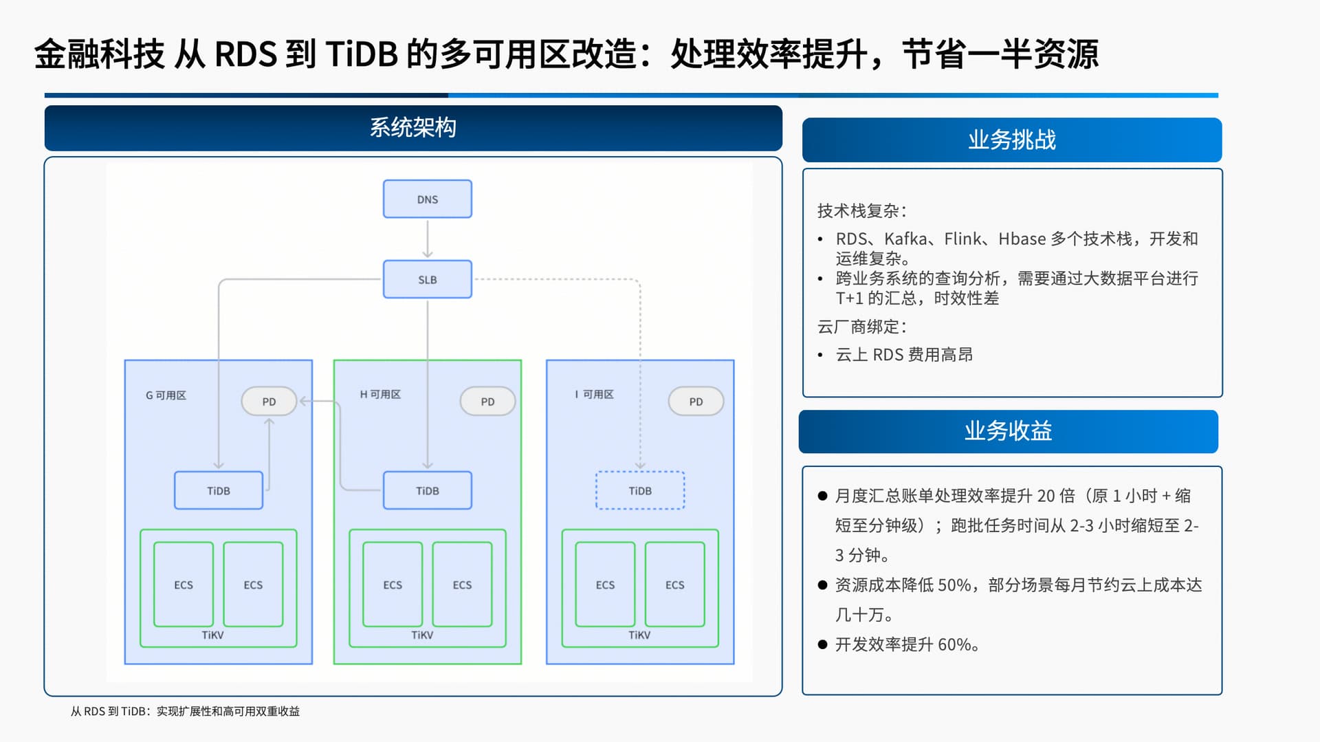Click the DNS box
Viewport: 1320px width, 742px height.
tap(427, 199)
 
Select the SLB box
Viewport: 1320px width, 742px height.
tap(427, 279)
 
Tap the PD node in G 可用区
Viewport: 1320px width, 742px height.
tap(269, 402)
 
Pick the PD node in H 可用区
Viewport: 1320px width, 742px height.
tap(487, 402)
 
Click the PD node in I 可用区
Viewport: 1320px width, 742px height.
tap(696, 402)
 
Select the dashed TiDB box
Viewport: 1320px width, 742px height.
tap(639, 490)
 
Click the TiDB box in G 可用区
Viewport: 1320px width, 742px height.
tap(218, 490)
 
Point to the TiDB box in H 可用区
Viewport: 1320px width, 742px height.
tap(427, 490)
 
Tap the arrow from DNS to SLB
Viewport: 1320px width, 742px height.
tap(427, 239)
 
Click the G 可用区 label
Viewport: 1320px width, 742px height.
tap(166, 395)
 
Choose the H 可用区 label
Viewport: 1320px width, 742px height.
tap(380, 394)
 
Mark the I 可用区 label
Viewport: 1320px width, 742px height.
tap(594, 394)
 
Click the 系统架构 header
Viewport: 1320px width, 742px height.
tap(413, 128)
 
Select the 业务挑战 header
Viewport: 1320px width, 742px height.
tap(1011, 140)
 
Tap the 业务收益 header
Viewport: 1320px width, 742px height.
tap(1008, 431)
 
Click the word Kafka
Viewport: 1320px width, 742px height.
tap(905, 239)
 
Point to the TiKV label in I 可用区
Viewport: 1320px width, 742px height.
tap(639, 635)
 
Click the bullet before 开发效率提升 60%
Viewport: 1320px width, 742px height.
tap(822, 644)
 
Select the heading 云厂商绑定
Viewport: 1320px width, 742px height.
tap(861, 327)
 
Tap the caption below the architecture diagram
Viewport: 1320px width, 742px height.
tap(185, 711)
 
